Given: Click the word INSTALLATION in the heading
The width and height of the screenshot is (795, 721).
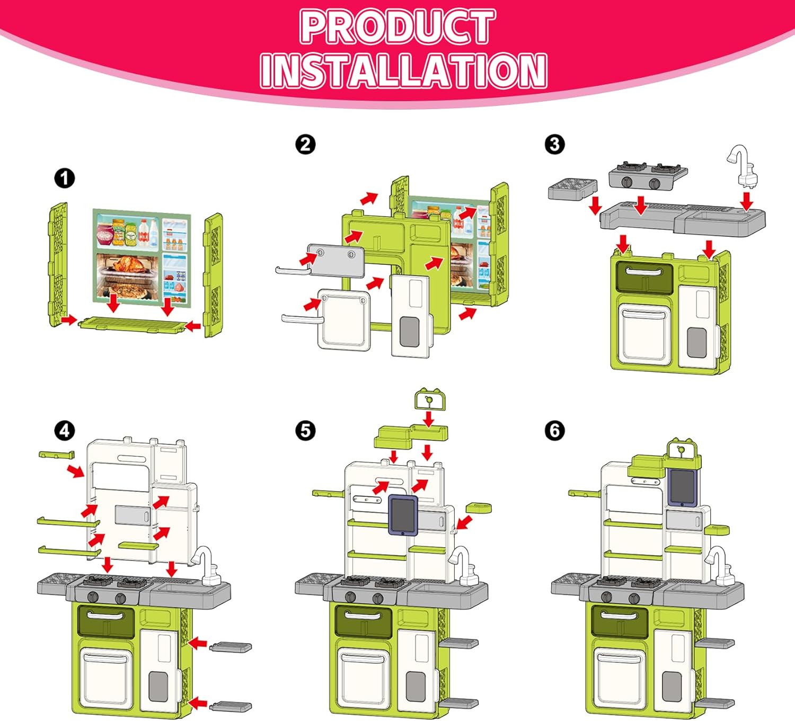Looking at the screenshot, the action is (x=403, y=70).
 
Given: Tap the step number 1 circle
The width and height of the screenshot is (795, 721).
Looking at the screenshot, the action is (x=65, y=179).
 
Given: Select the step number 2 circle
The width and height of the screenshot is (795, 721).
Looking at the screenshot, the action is (x=305, y=144).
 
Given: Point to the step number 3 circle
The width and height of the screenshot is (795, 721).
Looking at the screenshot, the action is (x=554, y=144).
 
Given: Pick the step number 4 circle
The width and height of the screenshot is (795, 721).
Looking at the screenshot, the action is (x=65, y=430).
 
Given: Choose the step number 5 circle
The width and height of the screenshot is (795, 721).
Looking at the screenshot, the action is (x=305, y=430).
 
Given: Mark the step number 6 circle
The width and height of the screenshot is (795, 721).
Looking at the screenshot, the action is (x=554, y=430).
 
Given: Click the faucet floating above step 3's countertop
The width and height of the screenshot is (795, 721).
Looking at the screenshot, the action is (x=743, y=166).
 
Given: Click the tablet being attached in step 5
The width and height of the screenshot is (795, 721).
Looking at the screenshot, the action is (x=403, y=515).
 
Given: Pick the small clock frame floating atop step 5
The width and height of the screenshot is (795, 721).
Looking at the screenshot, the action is (x=429, y=400).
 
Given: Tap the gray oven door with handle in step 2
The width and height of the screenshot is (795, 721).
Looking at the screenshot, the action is (x=336, y=260).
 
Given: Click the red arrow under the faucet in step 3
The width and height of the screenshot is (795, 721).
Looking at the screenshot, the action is (x=747, y=201).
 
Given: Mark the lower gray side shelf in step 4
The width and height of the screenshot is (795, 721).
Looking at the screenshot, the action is (x=231, y=706).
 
